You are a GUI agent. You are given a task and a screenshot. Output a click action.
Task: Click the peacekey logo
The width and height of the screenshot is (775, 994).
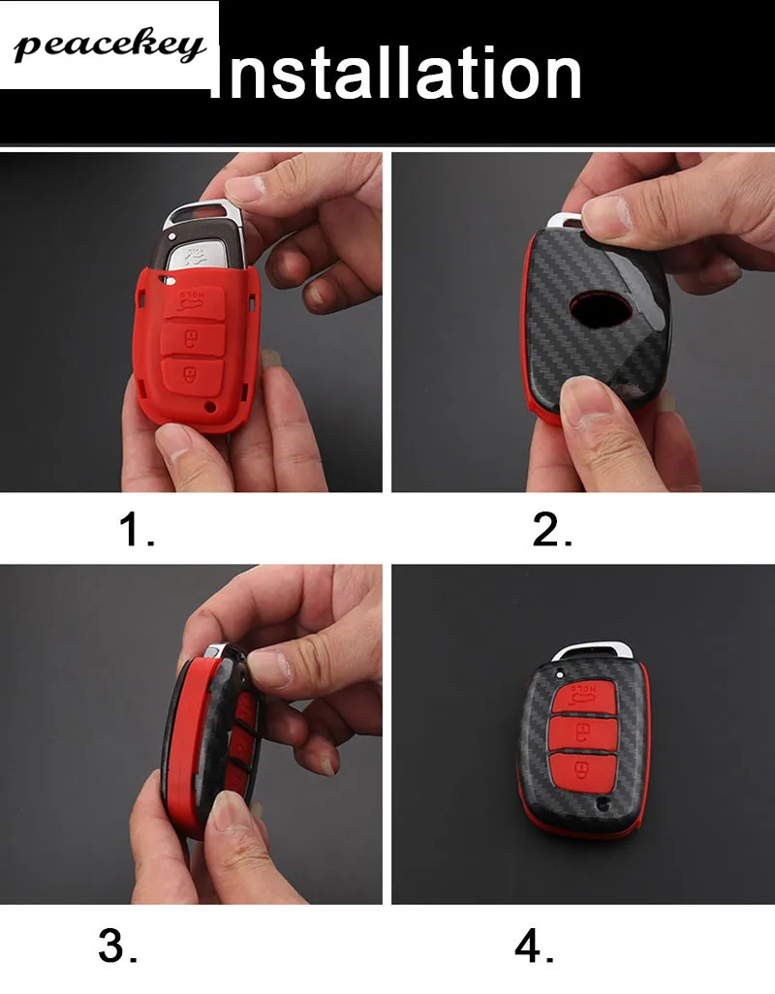tap(109, 46)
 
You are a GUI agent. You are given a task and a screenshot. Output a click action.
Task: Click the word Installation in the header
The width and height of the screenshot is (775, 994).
tap(396, 73)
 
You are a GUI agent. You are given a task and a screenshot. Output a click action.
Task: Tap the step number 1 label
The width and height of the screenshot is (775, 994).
tap(137, 530)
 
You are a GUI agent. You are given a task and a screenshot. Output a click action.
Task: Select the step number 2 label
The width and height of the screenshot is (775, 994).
tap(552, 530)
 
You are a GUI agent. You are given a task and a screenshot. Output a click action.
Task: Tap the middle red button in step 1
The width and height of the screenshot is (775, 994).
tap(193, 340)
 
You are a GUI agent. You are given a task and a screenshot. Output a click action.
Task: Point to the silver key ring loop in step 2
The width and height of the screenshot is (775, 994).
tap(564, 222)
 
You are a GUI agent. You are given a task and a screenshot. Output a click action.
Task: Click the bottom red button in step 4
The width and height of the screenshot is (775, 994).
tap(581, 771)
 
